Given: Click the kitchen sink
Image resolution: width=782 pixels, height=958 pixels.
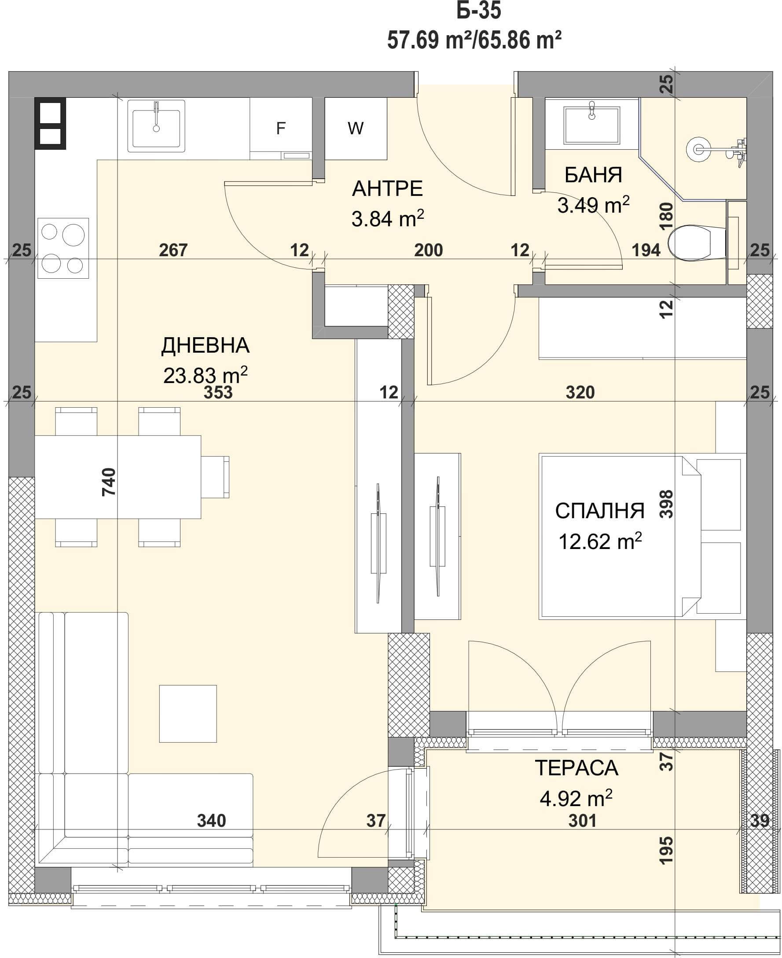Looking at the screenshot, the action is point(156,126).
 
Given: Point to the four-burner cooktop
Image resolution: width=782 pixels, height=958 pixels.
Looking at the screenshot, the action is point(63,248).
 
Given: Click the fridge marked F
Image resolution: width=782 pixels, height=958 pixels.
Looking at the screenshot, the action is point(281,129).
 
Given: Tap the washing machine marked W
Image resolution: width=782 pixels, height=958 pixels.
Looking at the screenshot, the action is point(356,129).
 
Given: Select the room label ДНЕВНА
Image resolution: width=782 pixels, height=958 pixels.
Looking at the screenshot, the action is point(206,346).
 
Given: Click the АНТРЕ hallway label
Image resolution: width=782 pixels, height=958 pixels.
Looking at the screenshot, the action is point(387,188).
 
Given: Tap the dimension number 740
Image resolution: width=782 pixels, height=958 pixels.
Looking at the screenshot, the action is point(109,482).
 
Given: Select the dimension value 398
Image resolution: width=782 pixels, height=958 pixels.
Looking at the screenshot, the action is point(666,504).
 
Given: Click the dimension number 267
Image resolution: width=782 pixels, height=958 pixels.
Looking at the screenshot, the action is point(173,250).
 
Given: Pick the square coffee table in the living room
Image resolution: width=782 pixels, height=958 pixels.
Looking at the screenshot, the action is point(188,714).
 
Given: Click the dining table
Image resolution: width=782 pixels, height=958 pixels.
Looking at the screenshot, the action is point(118,477).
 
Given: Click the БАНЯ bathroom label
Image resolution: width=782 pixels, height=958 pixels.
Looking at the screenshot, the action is point(593,175).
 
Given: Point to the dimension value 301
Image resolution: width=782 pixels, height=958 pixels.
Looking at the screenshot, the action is point(583,821).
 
